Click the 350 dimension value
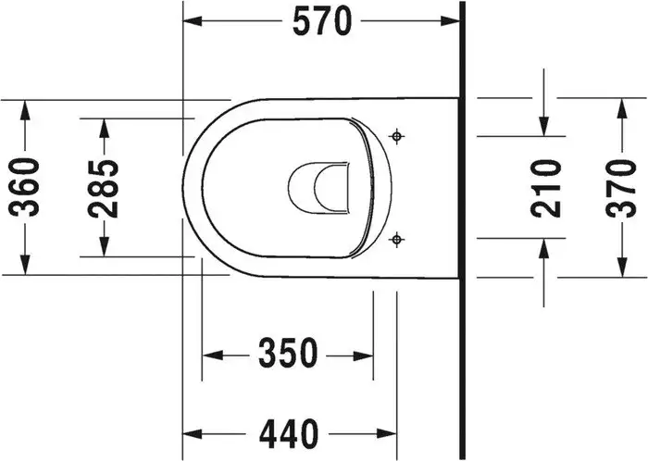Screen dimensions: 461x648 [287, 353]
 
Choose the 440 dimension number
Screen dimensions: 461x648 [289, 432]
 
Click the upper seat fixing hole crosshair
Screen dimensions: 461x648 [398, 136]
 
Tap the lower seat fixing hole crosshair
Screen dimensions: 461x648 [398, 240]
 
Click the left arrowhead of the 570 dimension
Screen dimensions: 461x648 [193, 20]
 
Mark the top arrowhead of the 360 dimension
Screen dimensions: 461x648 [27, 106]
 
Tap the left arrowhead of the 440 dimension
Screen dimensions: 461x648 [193, 432]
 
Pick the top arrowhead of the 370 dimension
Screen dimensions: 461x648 [622, 106]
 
